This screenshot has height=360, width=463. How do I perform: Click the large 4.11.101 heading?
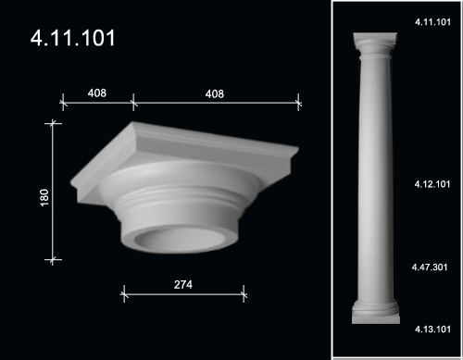pyautogui.click(x=73, y=38)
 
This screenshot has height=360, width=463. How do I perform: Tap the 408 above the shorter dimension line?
pyautogui.click(x=97, y=93)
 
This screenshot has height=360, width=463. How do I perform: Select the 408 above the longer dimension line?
pyautogui.click(x=215, y=93)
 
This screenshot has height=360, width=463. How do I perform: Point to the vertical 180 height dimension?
pyautogui.click(x=44, y=198)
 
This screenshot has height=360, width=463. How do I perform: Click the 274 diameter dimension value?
pyautogui.click(x=183, y=284)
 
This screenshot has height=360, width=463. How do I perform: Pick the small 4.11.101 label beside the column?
pyautogui.click(x=432, y=22)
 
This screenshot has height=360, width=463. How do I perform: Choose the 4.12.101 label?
pyautogui.click(x=432, y=184)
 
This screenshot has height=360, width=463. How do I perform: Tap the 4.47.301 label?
pyautogui.click(x=430, y=267)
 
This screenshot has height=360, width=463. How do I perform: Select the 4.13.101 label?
pyautogui.click(x=432, y=329)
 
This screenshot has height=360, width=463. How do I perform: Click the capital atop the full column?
pyautogui.click(x=375, y=44)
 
